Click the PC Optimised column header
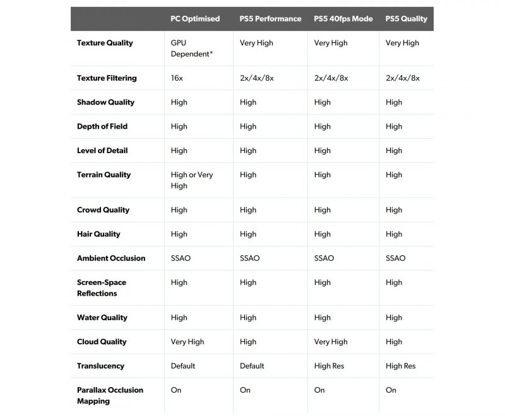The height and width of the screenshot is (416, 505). (195, 19)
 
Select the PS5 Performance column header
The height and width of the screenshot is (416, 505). (271, 19)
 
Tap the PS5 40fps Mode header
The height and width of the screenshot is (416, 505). (343, 19)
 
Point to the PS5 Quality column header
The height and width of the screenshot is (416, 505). (406, 19)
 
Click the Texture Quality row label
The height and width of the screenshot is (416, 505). (105, 43)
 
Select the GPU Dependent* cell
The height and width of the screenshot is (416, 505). (191, 49)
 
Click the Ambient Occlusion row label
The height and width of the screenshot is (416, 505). (111, 258)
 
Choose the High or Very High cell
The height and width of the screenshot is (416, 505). (192, 180)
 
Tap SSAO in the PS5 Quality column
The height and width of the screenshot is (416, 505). (395, 258)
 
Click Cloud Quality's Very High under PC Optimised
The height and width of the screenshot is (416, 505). (187, 342)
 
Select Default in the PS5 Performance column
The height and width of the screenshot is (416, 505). (252, 366)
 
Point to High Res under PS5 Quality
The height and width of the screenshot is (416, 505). (401, 366)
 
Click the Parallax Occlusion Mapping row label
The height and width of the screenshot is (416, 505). (110, 395)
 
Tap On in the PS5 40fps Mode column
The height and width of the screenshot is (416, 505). (319, 390)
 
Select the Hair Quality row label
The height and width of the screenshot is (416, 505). (98, 234)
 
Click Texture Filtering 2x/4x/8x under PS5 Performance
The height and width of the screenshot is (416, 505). (257, 78)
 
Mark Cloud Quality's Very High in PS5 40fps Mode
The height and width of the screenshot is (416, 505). (331, 342)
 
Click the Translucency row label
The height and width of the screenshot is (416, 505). (101, 366)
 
